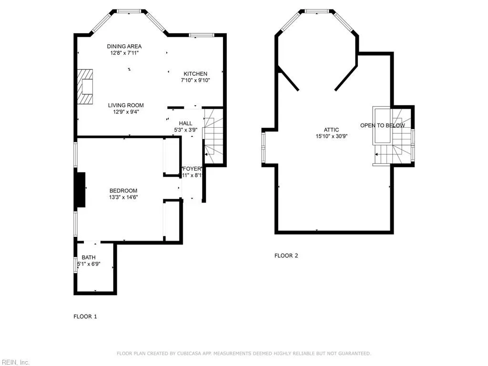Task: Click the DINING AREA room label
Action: (124, 46)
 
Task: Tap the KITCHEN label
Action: (195, 74)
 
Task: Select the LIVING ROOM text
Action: (125, 105)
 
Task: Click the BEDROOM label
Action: (123, 191)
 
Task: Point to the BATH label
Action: (88, 257)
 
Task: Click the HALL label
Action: (185, 123)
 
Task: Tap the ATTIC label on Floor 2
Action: (331, 130)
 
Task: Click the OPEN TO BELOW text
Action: (382, 126)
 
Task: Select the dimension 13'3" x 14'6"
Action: (124, 197)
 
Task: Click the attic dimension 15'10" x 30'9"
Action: (331, 136)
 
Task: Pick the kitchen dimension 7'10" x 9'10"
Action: (195, 81)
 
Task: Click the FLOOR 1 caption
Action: (85, 316)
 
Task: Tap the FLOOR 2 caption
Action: (286, 255)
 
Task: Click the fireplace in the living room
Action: (86, 86)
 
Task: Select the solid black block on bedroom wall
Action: (81, 189)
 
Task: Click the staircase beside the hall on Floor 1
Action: (213, 136)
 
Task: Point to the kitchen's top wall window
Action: (201, 35)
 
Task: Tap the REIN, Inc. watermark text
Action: (15, 362)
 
